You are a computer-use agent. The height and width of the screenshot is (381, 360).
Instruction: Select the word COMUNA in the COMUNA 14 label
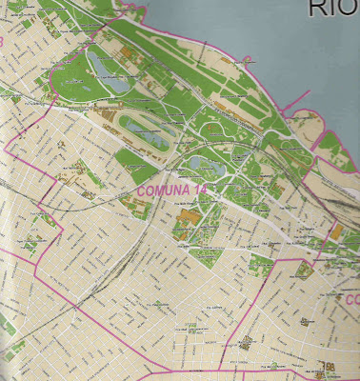coord(161,190)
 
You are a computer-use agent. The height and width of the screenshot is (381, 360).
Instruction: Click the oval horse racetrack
coord(142,129)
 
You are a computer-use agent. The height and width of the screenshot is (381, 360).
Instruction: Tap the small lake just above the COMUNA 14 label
coord(201,164)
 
